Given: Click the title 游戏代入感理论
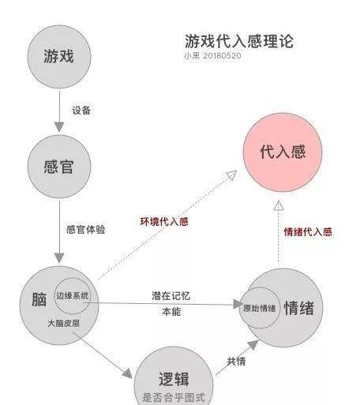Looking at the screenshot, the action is click(x=239, y=41).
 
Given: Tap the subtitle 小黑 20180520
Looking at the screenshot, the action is click(x=212, y=56).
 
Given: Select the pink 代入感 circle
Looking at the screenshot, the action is click(x=283, y=152).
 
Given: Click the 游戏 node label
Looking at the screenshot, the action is click(x=59, y=56).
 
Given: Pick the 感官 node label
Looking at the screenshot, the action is click(x=59, y=167).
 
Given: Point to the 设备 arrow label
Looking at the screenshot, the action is click(x=81, y=111).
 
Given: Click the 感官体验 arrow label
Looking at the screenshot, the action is click(x=86, y=229).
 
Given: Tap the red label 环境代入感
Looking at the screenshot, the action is click(x=164, y=221).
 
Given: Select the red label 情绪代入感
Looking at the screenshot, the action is click(x=308, y=232).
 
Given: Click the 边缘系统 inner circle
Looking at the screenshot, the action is click(x=73, y=278).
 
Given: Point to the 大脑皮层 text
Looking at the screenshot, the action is click(x=64, y=323).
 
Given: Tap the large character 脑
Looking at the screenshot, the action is click(x=39, y=299).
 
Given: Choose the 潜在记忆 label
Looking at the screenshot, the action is click(x=171, y=296).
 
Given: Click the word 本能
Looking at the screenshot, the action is click(x=171, y=312).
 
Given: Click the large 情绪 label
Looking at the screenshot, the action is click(x=299, y=308).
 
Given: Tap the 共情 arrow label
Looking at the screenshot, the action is click(x=236, y=362).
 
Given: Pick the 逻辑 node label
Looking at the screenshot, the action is click(x=174, y=379).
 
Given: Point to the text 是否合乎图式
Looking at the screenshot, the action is click(x=174, y=397).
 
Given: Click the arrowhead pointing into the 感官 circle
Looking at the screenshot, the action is click(x=59, y=126).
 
